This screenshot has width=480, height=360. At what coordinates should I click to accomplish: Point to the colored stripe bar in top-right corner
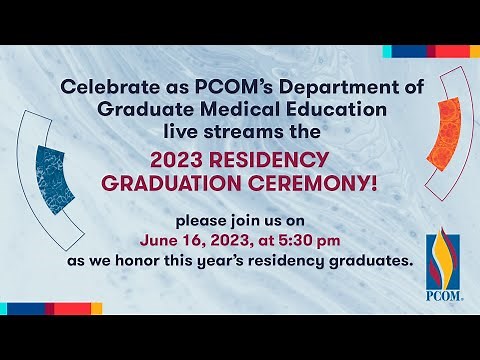point(431,51)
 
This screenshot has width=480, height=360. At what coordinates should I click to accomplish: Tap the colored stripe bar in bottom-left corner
point(50,309)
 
